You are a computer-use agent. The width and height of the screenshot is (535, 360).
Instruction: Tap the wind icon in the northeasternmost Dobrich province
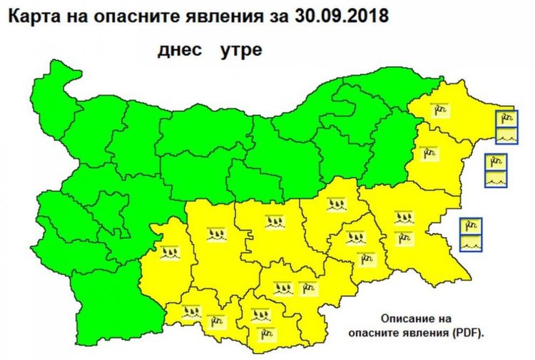point(438,108)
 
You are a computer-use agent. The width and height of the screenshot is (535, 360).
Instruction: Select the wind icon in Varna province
point(429,152)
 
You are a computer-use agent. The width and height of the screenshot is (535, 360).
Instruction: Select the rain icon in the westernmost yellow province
point(169,252)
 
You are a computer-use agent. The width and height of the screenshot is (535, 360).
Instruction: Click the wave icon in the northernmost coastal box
point(506,134)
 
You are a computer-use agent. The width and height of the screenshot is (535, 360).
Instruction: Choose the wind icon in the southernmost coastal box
point(472,227)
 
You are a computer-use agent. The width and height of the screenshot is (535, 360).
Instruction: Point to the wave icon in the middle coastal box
point(495,178)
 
